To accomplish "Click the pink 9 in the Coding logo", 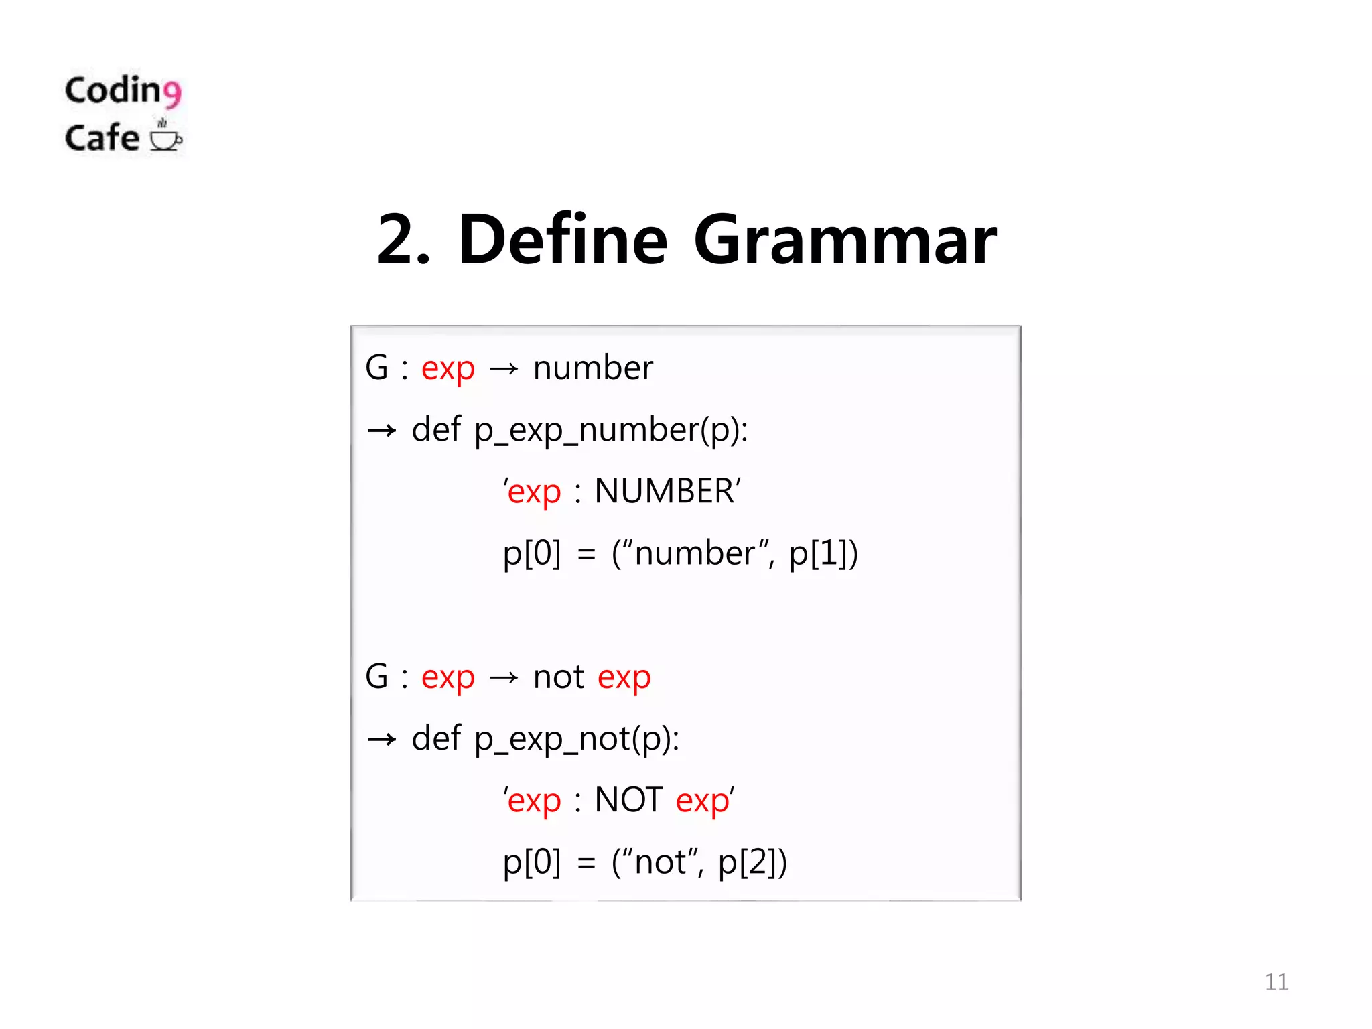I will [x=172, y=94].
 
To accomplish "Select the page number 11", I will [x=1276, y=982].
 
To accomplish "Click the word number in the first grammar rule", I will [x=593, y=368].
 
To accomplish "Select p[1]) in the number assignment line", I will [x=823, y=554].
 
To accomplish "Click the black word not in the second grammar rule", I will [x=559, y=677].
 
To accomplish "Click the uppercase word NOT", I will [x=628, y=800].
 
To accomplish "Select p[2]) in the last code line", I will [x=752, y=863].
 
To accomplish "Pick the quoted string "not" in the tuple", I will [x=660, y=862].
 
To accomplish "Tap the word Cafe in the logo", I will [x=102, y=138].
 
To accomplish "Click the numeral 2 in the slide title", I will [x=400, y=240].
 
